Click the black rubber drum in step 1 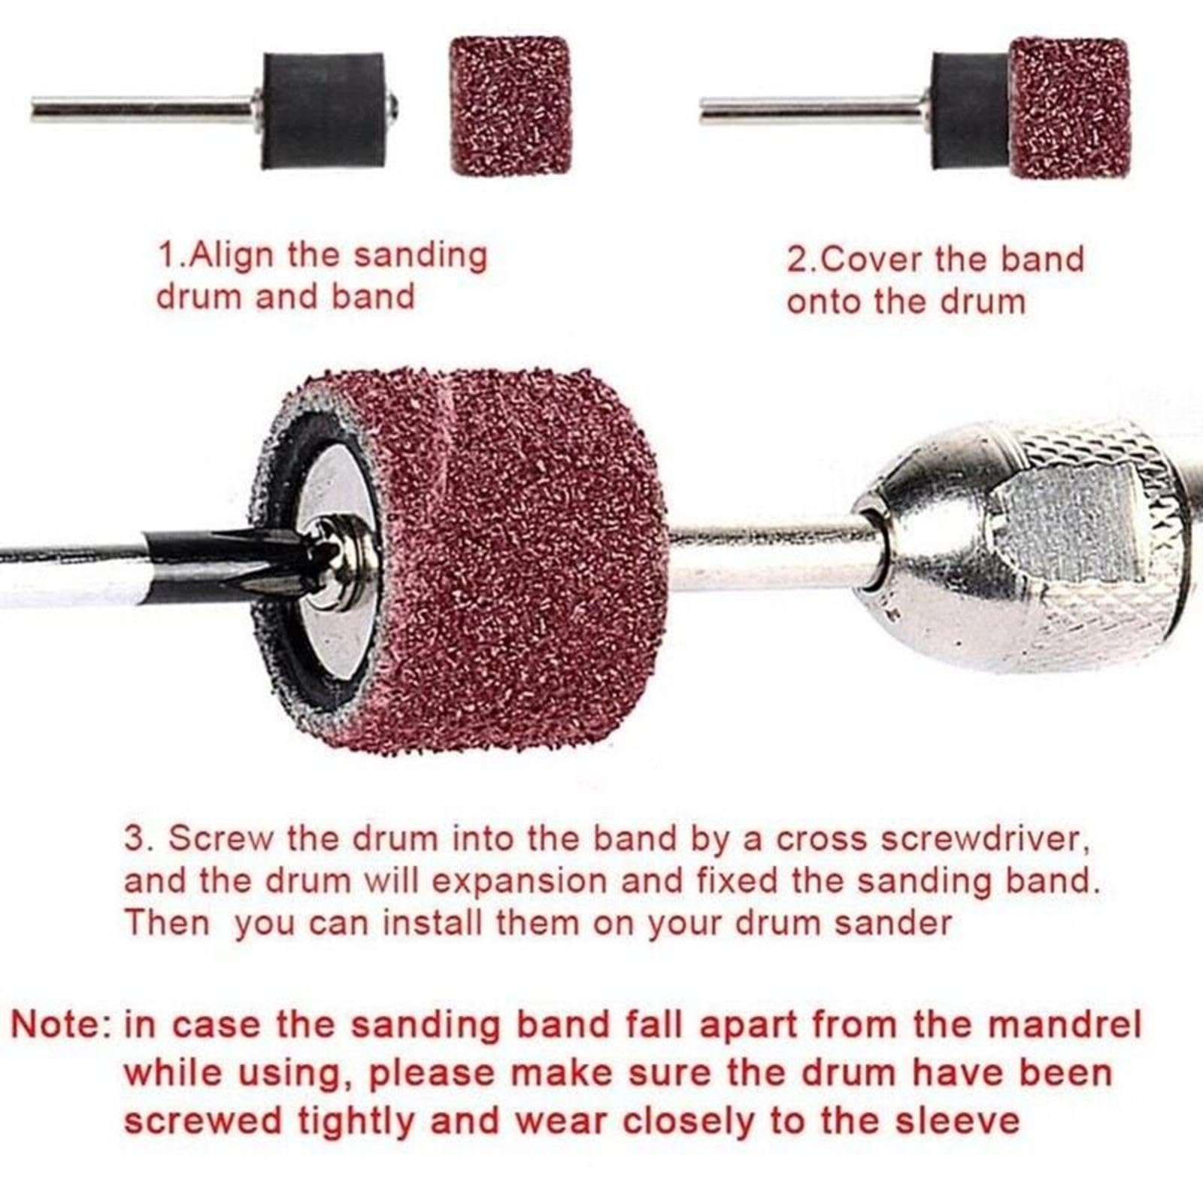pos(323,111)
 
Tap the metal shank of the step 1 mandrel pos(143,111)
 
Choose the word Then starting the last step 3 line pos(167,923)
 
